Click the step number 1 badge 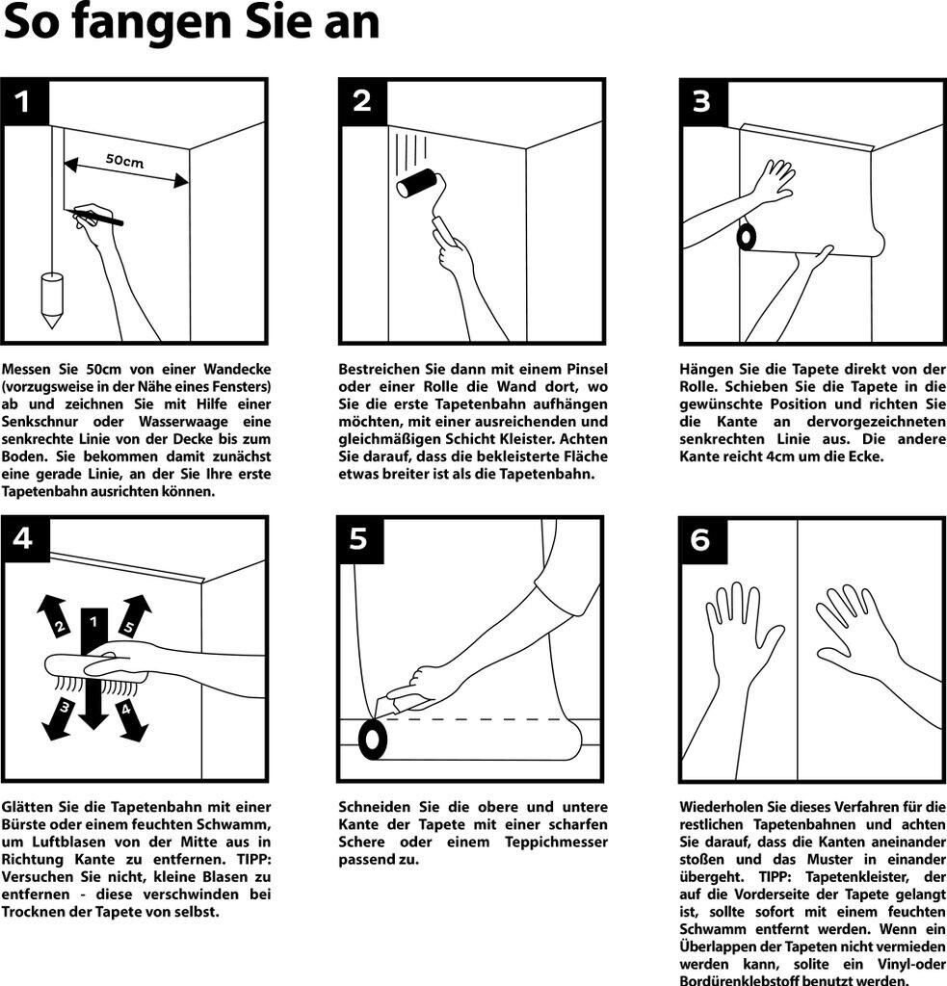coord(25,102)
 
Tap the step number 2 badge coord(363,102)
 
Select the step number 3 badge coord(703,102)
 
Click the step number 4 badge coord(25,539)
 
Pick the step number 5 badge coord(360,539)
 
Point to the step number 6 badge coord(703,539)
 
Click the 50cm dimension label coord(124,161)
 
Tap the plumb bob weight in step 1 coord(52,299)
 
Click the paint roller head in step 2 coord(416,184)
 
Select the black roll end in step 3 coord(747,236)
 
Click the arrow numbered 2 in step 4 coord(55,616)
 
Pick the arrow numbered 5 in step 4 coord(132,616)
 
